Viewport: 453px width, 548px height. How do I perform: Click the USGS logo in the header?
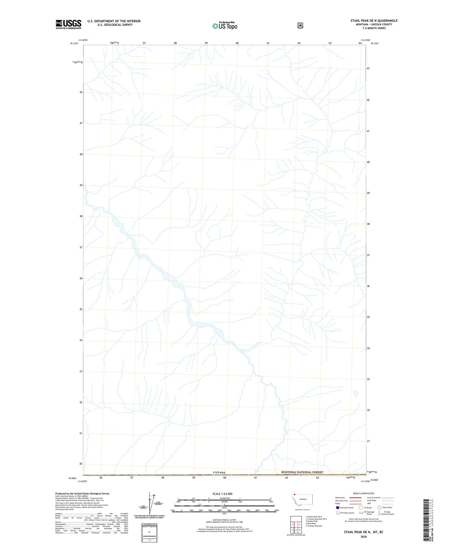coord(69,24)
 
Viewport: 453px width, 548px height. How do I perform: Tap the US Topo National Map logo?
coord(225,25)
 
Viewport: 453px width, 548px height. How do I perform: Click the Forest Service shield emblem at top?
coord(300,25)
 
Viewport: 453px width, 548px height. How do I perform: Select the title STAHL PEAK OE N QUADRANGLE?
coord(374,21)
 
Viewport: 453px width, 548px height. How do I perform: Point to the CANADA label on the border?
coord(219,472)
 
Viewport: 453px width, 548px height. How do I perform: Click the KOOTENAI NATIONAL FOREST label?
coord(302,472)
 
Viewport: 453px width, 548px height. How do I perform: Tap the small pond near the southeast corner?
coord(356,394)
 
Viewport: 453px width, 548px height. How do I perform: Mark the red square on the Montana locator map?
coord(294,495)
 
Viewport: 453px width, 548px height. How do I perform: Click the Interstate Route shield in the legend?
coord(338,507)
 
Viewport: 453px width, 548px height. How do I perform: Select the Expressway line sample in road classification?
coord(355,498)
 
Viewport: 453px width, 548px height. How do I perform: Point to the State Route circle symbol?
coord(380,507)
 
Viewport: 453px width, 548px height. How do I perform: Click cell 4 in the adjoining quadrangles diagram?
coord(296,530)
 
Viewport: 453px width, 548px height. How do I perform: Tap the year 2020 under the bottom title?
coord(364,537)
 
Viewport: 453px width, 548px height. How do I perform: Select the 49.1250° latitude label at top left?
coord(74,44)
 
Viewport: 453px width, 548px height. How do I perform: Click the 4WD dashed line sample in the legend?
coord(388,504)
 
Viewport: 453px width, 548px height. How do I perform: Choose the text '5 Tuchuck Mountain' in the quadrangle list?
coord(314,526)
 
